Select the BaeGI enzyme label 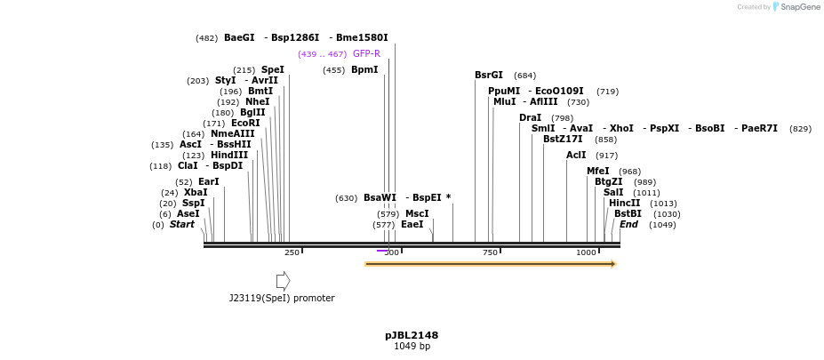[239, 37]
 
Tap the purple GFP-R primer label [366, 53]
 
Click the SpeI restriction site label [272, 69]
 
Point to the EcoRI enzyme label [245, 124]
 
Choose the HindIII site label [229, 156]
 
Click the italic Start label [181, 225]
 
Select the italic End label [628, 225]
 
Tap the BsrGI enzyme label [489, 76]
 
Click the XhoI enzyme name [621, 129]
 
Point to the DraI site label [530, 117]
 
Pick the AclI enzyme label [576, 156]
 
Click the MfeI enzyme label [598, 172]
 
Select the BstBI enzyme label [628, 214]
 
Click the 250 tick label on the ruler [292, 253]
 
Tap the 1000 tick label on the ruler [586, 253]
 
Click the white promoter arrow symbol [283, 281]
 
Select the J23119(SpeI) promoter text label [282, 299]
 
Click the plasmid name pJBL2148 [412, 335]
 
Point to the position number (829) [800, 129]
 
